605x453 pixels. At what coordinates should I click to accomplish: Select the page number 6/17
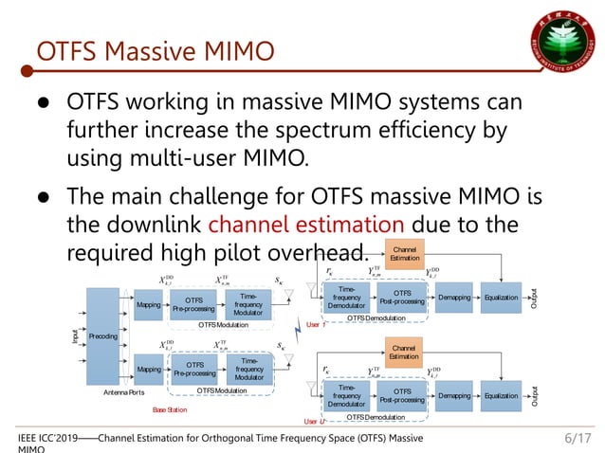click(577, 438)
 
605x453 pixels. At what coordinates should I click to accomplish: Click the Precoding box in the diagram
click(102, 336)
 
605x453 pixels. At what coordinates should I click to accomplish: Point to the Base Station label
click(172, 409)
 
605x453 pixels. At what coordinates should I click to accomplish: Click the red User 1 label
click(317, 325)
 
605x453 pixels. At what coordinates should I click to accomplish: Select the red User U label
click(315, 421)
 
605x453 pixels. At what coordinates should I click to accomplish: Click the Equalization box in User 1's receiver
click(500, 297)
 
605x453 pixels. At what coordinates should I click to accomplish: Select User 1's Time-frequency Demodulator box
click(347, 299)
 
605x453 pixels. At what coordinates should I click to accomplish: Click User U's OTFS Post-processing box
click(402, 395)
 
